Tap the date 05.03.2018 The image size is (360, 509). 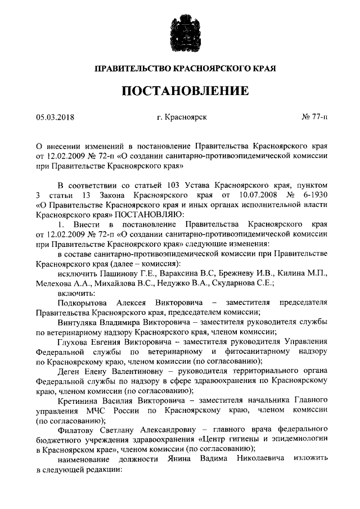[x=56, y=118]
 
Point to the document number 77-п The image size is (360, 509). [x=320, y=118]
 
